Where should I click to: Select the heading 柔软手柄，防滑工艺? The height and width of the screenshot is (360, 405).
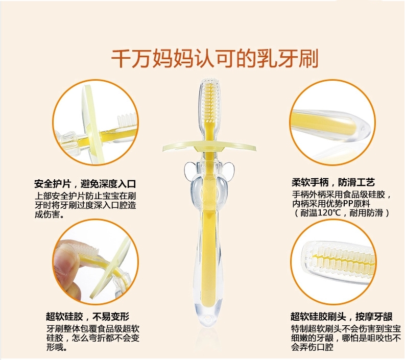[x=333, y=182]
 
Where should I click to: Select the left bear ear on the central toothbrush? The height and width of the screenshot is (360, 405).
[x=187, y=170]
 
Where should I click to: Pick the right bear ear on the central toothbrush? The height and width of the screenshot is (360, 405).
[x=230, y=170]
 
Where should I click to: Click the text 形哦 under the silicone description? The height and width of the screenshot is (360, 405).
[x=57, y=348]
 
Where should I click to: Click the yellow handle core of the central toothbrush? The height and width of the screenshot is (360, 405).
[x=209, y=240]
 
